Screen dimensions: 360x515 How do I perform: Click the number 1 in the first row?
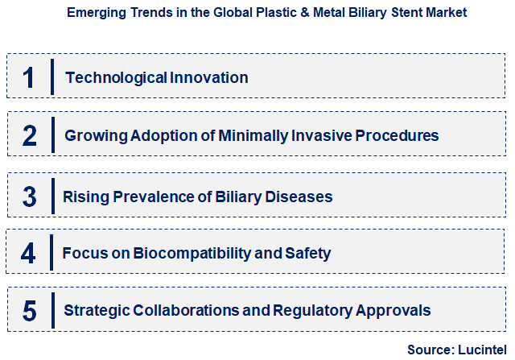point(29,77)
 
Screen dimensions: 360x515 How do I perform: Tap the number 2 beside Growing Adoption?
point(30,135)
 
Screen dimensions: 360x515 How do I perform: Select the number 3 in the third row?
point(30,197)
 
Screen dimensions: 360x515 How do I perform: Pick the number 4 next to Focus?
point(29,254)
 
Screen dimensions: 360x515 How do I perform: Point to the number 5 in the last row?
point(30,310)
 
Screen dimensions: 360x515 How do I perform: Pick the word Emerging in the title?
point(92,13)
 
